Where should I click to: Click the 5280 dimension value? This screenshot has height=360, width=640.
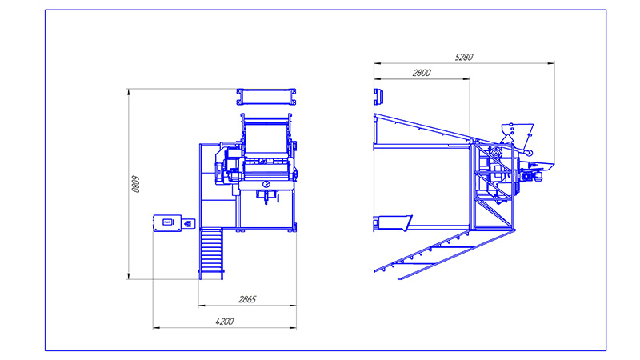point(464,57)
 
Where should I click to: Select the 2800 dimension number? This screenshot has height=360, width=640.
point(422,73)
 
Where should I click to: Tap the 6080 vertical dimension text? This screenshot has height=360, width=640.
point(135,184)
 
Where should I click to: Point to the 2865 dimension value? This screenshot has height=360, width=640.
point(247,299)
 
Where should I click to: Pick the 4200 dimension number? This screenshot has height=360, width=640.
point(225,322)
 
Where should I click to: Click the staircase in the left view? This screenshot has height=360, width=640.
point(211,254)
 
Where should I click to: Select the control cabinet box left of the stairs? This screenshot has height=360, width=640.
point(167,223)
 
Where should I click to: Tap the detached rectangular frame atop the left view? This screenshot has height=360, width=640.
point(266,97)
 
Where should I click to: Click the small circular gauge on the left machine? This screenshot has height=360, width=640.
point(266,185)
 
